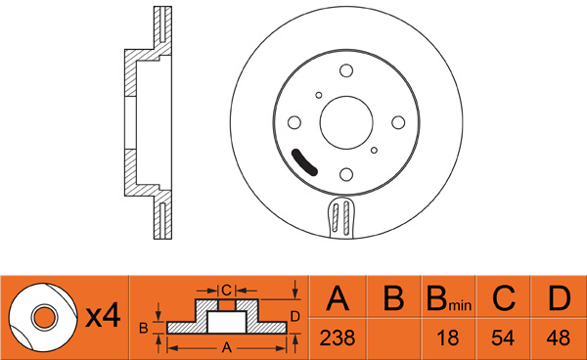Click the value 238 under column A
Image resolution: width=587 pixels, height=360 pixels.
click(x=338, y=337)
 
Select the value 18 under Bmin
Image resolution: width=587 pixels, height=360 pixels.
click(x=448, y=337)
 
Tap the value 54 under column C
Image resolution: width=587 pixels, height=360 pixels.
click(x=503, y=337)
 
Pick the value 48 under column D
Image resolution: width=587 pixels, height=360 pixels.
click(x=559, y=337)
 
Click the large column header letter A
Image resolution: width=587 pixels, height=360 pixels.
click(x=338, y=298)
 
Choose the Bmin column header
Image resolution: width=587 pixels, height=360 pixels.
click(x=449, y=299)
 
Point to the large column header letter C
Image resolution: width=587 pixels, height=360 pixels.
click(x=504, y=298)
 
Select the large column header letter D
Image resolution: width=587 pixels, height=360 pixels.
click(x=560, y=298)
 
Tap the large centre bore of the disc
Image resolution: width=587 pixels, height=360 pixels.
click(x=346, y=122)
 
